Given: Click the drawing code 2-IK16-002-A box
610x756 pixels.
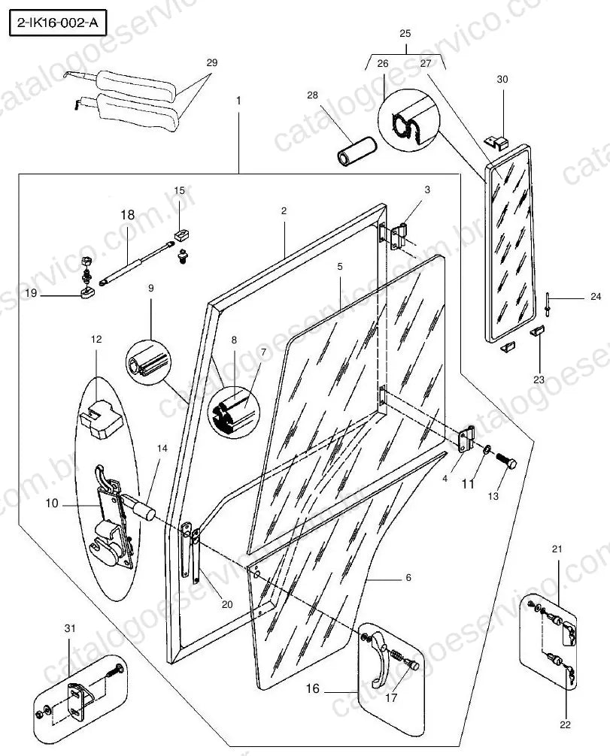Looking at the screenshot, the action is pyautogui.click(x=57, y=23).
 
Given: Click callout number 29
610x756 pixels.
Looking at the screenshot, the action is pyautogui.click(x=212, y=62).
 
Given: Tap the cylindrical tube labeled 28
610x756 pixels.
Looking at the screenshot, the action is pyautogui.click(x=357, y=152).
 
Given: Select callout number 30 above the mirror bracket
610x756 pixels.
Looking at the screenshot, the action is pyautogui.click(x=502, y=79).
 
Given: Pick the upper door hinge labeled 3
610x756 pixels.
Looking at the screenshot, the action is pyautogui.click(x=400, y=236).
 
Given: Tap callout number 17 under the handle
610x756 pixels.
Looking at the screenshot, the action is pyautogui.click(x=391, y=697).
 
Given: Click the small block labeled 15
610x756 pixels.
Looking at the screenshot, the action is pyautogui.click(x=181, y=235).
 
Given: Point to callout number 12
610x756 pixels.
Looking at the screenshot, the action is pyautogui.click(x=96, y=340).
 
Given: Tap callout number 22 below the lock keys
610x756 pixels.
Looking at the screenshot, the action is pyautogui.click(x=565, y=724).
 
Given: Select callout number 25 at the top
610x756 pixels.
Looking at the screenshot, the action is pyautogui.click(x=405, y=33).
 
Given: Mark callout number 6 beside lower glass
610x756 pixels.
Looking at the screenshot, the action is pyautogui.click(x=408, y=578).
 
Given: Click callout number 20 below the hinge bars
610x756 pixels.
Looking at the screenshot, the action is pyautogui.click(x=227, y=605).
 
